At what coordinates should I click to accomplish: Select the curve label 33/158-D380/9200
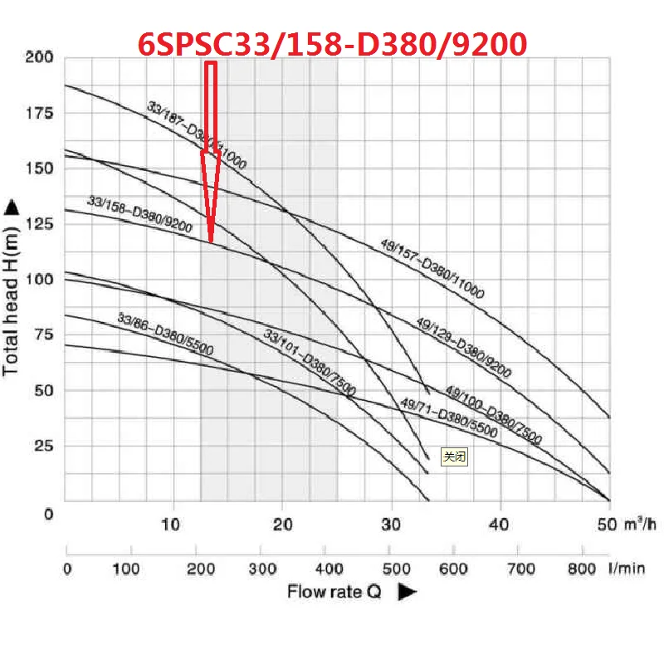139,214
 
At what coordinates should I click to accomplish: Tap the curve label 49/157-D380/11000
432,267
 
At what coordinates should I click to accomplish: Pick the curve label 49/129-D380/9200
463,347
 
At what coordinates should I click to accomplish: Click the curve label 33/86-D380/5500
165,334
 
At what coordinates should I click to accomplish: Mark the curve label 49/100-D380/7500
493,414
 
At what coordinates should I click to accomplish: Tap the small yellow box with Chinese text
455,456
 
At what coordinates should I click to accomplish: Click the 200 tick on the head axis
39,57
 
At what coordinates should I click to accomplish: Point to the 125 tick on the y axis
39,223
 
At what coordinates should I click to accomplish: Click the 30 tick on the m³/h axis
390,525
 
